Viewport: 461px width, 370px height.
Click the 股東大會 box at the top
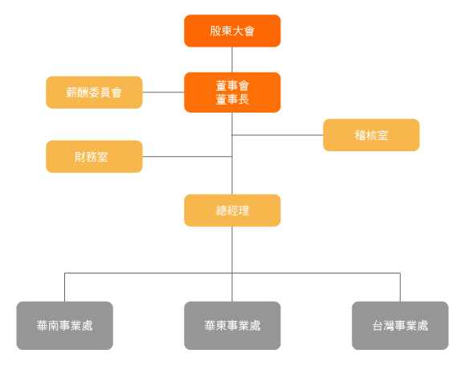232,31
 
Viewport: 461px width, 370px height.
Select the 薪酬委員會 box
94,92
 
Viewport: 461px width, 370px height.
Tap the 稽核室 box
371,135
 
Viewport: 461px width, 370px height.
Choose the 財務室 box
94,156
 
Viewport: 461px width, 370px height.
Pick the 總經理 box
232,210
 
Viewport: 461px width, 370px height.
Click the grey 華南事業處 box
64,326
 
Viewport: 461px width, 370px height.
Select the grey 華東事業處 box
232,326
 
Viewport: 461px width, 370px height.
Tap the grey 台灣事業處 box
400,326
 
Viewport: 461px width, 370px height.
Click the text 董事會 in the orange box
232,85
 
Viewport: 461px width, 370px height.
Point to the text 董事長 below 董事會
232,99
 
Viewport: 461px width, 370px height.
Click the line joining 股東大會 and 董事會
232,60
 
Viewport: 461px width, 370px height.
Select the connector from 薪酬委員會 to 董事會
163,92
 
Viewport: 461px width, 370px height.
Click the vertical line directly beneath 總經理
232,249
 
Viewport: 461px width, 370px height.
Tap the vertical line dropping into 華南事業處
64,287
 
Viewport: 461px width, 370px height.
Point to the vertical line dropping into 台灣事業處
400,287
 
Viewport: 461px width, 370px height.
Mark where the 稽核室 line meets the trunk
232,135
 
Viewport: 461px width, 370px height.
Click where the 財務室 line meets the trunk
232,156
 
